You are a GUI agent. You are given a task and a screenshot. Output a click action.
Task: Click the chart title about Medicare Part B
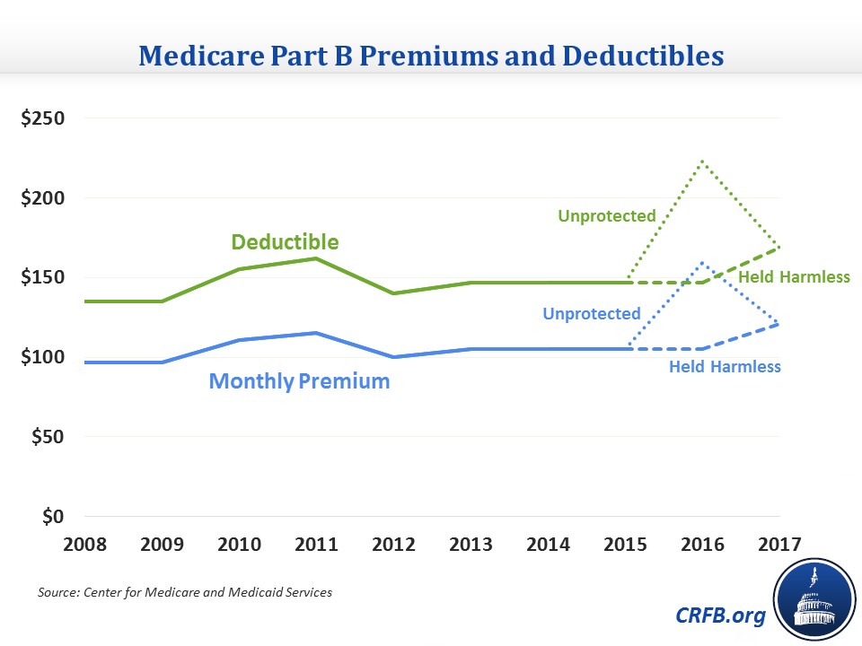430,56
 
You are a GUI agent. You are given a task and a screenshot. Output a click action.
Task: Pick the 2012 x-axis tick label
394,544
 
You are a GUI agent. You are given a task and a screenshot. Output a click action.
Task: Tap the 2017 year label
778,544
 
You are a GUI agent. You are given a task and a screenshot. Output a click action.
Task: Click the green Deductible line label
285,242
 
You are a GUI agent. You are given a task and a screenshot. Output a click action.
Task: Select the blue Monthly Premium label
299,381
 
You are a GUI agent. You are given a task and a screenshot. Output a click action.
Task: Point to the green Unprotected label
607,216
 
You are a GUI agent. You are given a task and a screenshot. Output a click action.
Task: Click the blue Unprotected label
592,314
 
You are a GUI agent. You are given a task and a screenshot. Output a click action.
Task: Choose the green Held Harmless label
794,277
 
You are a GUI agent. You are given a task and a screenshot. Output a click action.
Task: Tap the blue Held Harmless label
725,366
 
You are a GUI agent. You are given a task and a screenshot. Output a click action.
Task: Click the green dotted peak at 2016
702,161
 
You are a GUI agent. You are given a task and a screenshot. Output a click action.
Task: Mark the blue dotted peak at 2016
702,263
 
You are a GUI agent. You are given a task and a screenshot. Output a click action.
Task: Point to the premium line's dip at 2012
394,357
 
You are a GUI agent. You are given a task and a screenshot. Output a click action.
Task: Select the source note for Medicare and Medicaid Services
185,593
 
